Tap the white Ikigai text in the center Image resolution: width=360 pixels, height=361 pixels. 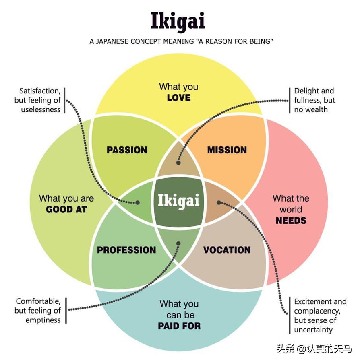[x=178, y=200]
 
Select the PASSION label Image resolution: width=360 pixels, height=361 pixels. [x=127, y=150]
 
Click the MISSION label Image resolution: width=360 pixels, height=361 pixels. [x=227, y=150]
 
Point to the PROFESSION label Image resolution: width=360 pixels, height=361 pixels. [x=126, y=250]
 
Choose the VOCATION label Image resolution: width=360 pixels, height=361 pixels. [x=227, y=250]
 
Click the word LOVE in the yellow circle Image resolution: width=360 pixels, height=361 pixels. [x=179, y=98]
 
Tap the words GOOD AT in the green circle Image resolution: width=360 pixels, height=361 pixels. [x=66, y=209]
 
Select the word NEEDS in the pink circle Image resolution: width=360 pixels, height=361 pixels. [x=291, y=221]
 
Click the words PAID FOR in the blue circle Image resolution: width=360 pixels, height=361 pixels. [x=179, y=326]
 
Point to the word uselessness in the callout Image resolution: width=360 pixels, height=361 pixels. [x=41, y=109]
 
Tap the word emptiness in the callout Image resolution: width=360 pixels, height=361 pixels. [x=43, y=320]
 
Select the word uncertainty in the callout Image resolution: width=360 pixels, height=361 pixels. [x=313, y=330]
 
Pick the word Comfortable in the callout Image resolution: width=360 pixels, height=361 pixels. [x=38, y=301]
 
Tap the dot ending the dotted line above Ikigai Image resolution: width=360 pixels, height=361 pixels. [x=178, y=163]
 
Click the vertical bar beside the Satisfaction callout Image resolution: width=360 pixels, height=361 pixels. [x=64, y=100]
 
